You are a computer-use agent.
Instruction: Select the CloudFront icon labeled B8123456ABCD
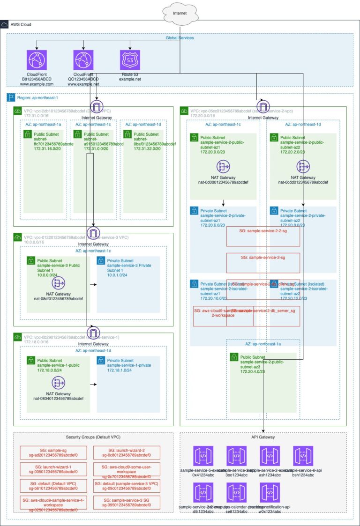(x=37, y=60)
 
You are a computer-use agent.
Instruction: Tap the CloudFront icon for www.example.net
(x=83, y=60)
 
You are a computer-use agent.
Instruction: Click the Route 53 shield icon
(x=131, y=60)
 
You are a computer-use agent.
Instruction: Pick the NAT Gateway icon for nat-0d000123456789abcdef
(x=223, y=167)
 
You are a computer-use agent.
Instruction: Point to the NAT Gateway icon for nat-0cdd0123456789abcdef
(x=303, y=167)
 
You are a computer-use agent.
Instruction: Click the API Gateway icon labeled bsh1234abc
(x=303, y=456)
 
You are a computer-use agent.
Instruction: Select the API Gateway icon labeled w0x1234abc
(x=270, y=492)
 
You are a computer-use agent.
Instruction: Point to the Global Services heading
(x=180, y=38)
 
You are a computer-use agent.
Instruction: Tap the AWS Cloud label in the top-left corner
(x=21, y=24)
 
